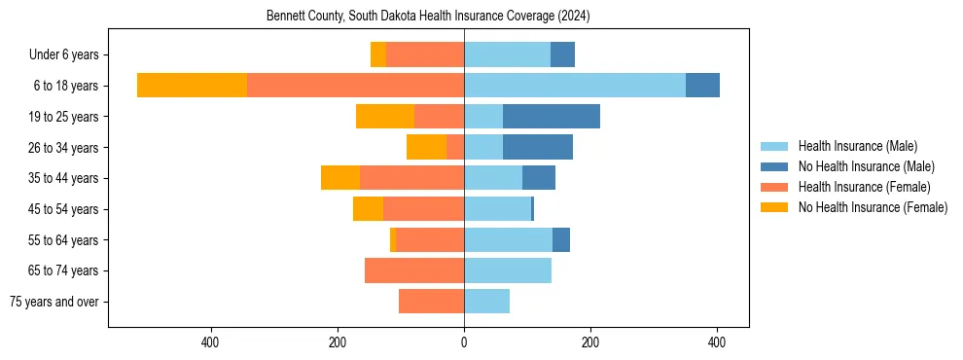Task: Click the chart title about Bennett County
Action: point(428,17)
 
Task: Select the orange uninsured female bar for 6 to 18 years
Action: point(192,86)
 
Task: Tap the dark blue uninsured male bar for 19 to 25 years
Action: point(551,117)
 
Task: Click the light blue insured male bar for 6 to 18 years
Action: point(574,86)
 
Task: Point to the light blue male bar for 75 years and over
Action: point(486,302)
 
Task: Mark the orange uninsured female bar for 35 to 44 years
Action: point(339,178)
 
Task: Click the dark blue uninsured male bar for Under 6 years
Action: point(562,54)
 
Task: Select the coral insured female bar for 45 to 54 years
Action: point(423,209)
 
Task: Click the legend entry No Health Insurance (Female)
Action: point(873,207)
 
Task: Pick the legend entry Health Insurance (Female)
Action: point(864,187)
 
